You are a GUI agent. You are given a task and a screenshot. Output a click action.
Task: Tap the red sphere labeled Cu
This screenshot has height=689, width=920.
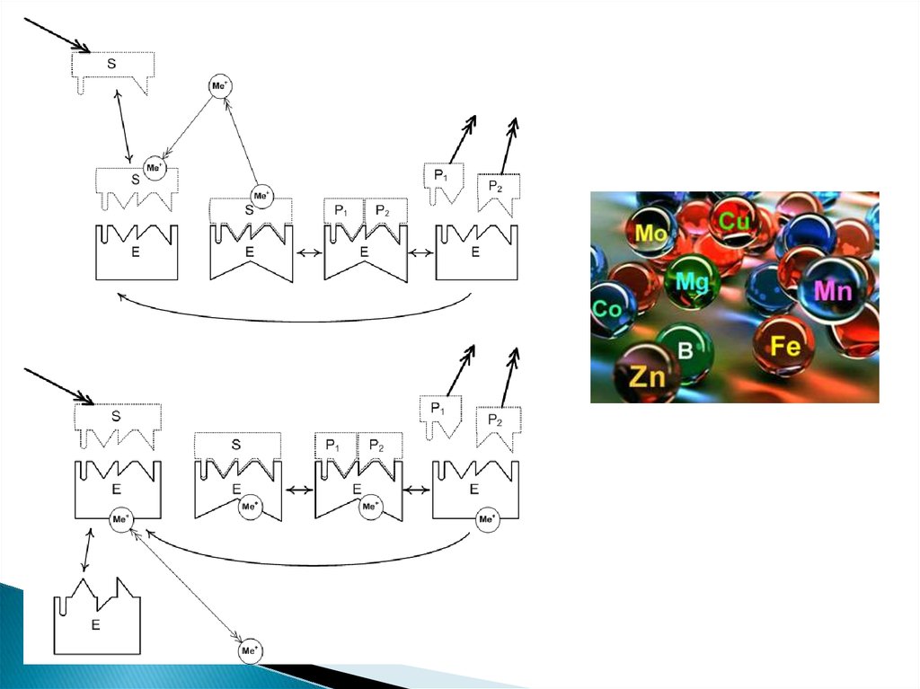[735, 220]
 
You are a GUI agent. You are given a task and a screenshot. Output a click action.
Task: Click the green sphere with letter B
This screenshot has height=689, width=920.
[685, 350]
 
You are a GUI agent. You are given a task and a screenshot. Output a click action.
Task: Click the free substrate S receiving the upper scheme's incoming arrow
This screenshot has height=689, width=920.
[113, 67]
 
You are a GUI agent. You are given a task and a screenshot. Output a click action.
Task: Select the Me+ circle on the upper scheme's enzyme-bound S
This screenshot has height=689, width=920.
[261, 195]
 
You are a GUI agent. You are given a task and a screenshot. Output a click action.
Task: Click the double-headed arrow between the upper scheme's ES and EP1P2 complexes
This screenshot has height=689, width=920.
[308, 253]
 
